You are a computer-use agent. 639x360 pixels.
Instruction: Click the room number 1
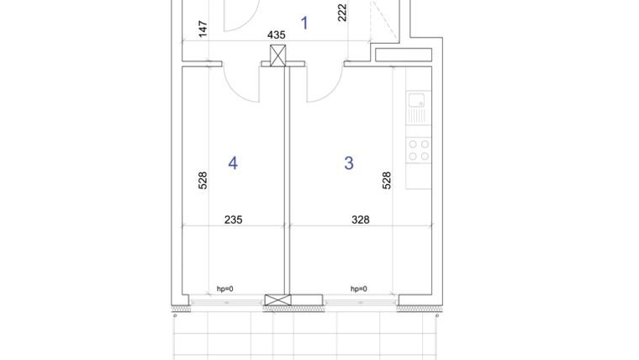304,23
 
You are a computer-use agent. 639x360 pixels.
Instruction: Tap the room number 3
349,163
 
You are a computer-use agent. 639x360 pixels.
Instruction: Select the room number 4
233,163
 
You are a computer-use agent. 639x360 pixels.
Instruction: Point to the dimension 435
276,35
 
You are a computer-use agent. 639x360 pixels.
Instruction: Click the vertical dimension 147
203,29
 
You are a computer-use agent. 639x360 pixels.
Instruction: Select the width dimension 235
234,220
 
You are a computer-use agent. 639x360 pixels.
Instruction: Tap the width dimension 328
360,220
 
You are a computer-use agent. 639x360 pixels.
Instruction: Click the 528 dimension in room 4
203,181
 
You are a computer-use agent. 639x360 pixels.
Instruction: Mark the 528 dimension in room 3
387,181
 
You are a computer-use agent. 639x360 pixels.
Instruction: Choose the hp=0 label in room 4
224,289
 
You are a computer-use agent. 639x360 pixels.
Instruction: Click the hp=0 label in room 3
358,289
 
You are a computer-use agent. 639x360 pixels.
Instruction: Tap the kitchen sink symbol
418,107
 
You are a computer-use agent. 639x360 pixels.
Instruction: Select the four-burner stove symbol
419,150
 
